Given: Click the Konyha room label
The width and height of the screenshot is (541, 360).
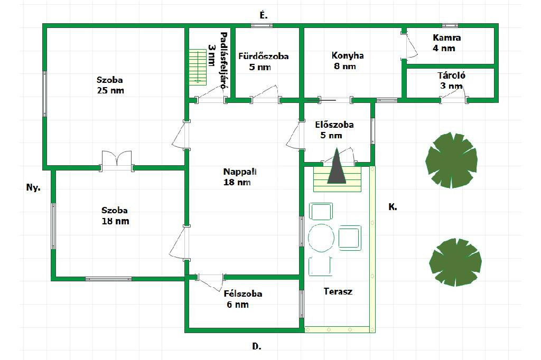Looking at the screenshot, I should (348, 55).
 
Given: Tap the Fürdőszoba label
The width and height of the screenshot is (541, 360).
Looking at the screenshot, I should (263, 56).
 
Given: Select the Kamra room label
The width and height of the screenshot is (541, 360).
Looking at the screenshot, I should (446, 38).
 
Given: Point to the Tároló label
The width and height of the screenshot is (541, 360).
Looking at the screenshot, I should (451, 75).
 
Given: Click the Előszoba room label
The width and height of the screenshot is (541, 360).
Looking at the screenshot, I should (334, 125).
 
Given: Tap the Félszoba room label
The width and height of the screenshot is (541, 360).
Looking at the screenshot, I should (242, 294).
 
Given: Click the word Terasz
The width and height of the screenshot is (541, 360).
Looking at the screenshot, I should (338, 291).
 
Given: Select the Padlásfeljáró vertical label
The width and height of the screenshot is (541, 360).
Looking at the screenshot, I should (223, 59).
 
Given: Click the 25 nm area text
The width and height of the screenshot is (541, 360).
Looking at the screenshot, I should (110, 90).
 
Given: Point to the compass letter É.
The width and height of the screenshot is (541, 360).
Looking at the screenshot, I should (264, 15).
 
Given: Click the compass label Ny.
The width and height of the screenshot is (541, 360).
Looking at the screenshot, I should (33, 187).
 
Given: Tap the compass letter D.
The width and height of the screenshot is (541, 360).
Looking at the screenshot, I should (257, 346).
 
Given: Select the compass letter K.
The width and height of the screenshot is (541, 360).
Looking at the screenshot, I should (393, 207).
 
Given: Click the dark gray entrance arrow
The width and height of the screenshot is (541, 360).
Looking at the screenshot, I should (337, 167).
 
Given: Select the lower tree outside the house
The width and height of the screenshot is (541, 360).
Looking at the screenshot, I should (455, 262).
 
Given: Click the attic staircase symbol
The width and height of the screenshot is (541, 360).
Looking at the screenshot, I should (198, 67).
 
